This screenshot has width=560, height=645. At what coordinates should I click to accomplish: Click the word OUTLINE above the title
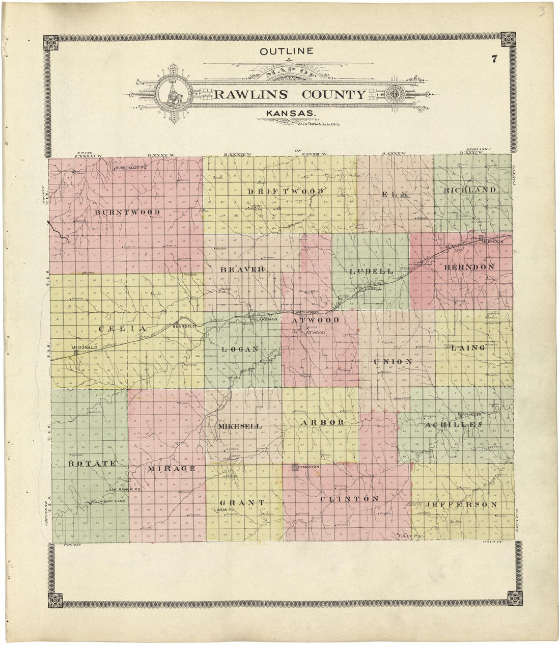click(286, 51)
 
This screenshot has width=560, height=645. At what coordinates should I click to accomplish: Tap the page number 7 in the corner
click(493, 58)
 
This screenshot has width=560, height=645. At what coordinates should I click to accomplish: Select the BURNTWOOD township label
click(127, 212)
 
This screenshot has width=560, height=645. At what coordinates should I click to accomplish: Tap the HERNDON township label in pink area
click(469, 267)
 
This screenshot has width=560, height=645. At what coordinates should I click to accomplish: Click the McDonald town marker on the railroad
click(76, 353)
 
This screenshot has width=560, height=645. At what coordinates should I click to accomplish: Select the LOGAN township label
click(241, 349)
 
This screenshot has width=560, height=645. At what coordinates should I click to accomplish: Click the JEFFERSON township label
click(461, 504)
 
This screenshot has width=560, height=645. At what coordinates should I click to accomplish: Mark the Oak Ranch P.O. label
click(124, 489)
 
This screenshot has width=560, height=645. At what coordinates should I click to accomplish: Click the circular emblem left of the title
click(173, 94)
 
